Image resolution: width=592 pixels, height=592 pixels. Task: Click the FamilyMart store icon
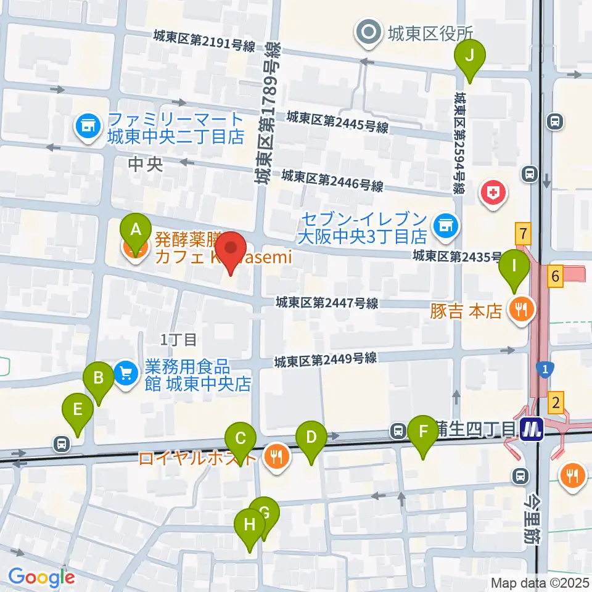pos(88,127)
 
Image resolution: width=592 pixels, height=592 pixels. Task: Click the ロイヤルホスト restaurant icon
pos(275,457)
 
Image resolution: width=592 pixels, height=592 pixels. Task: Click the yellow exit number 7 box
pos(523,234)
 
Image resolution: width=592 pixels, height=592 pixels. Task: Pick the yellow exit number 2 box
pos(556,405)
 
